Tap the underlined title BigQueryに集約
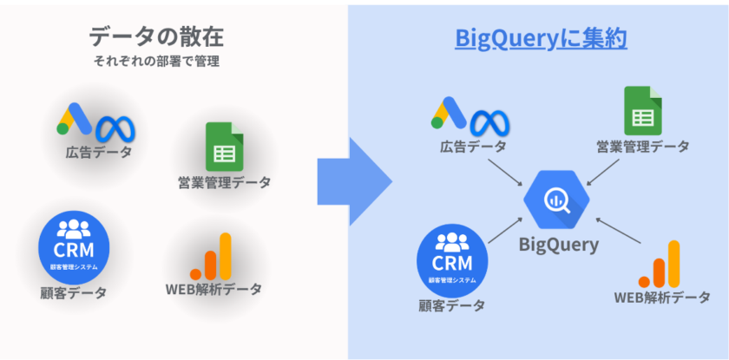[542, 38]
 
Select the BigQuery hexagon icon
[556, 199]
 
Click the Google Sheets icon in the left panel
[222, 147]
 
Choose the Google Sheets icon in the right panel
[642, 112]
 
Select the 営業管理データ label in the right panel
[643, 147]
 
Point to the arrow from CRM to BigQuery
[502, 228]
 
